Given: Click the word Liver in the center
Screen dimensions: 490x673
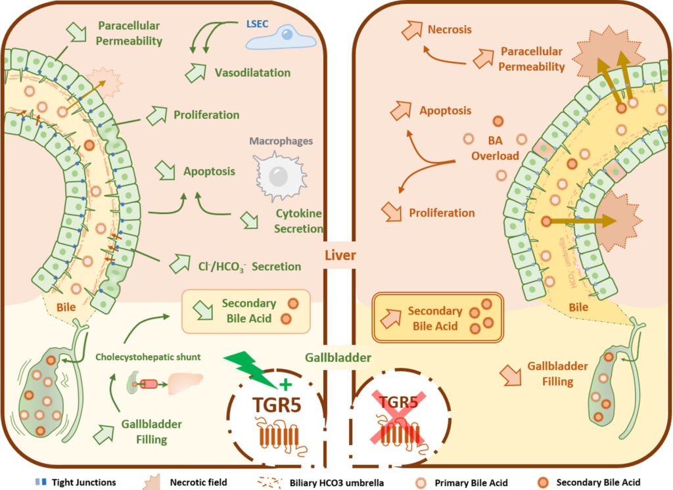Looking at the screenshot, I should [x=340, y=255].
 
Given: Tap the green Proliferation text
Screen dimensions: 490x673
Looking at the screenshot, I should [x=206, y=115].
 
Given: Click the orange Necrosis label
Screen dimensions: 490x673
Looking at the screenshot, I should [x=450, y=30].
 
